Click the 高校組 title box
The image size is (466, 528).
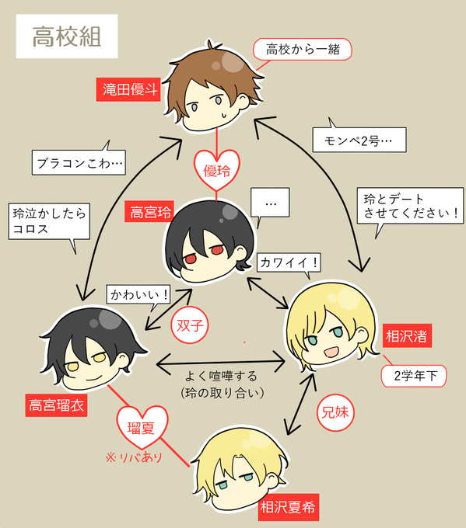(67, 36)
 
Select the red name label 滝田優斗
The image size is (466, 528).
(128, 89)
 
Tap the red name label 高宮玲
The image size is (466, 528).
(149, 212)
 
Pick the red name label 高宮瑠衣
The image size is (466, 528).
(56, 405)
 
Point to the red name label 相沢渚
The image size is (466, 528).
(407, 335)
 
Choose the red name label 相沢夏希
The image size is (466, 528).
(289, 507)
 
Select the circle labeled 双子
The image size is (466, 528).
(190, 325)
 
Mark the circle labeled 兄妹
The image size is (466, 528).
(335, 412)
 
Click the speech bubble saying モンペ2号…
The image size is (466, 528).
(359, 138)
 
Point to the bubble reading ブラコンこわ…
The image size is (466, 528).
(79, 162)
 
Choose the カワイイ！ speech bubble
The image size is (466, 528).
(289, 263)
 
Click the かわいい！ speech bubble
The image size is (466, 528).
(138, 295)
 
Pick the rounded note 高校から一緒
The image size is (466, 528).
(303, 49)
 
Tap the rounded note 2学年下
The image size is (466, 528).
(414, 376)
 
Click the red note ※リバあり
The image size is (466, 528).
(134, 457)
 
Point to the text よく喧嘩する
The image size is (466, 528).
(222, 376)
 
